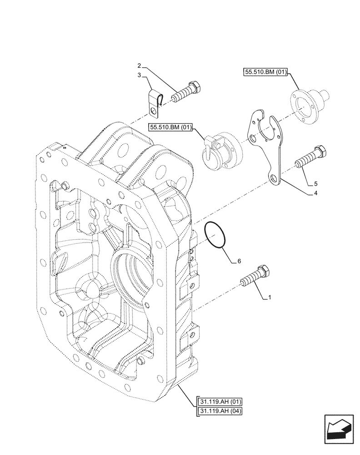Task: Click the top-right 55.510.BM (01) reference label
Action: [x=265, y=72]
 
